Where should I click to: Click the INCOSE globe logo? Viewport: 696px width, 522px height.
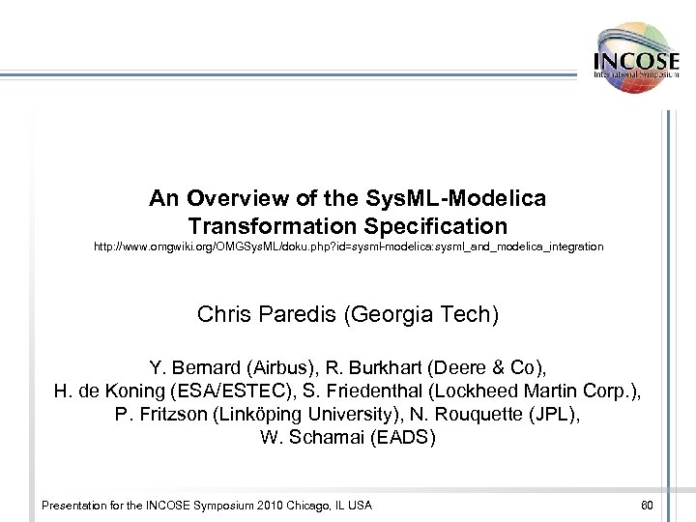[636, 58]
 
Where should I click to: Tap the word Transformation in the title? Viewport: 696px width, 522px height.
[256, 227]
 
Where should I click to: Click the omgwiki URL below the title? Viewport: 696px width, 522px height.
[348, 247]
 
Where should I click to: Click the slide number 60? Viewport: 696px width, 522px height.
[647, 505]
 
